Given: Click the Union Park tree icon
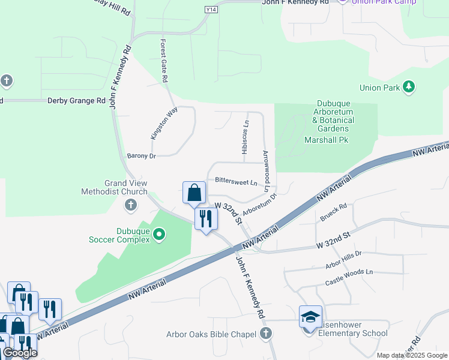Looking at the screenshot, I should click(x=409, y=88).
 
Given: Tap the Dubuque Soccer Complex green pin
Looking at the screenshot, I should click(x=159, y=235).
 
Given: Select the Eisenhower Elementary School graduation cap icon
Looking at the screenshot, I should click(x=310, y=317).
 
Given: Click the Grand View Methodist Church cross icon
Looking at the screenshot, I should click(x=131, y=206).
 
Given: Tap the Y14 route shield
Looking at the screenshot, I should click(x=211, y=10).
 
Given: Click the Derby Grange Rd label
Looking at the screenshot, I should click(x=76, y=101).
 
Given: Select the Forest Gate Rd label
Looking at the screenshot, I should click(x=164, y=61).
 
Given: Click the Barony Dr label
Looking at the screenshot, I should click(x=142, y=156).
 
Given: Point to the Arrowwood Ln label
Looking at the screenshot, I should click(x=266, y=171).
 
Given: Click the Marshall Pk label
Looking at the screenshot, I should click(x=327, y=140).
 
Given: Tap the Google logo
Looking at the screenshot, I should click(x=20, y=353).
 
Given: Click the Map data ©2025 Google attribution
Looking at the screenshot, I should click(x=411, y=355).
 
